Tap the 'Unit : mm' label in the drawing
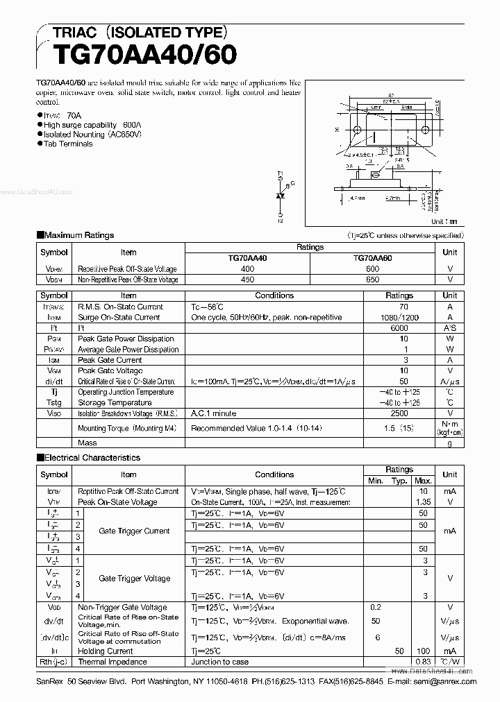coord(444,222)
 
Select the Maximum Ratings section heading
coord(78,235)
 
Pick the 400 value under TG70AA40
coord(247,268)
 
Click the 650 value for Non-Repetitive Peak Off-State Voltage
coord(372,280)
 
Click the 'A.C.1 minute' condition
coord(214,413)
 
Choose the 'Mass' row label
coord(87,443)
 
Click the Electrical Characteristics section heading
coord(92,458)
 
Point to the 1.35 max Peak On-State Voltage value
coord(422,502)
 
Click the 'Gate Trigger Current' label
coord(134,531)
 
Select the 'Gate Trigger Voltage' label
coord(134,578)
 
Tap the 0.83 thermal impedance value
coord(422,662)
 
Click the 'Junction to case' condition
coord(219,662)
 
